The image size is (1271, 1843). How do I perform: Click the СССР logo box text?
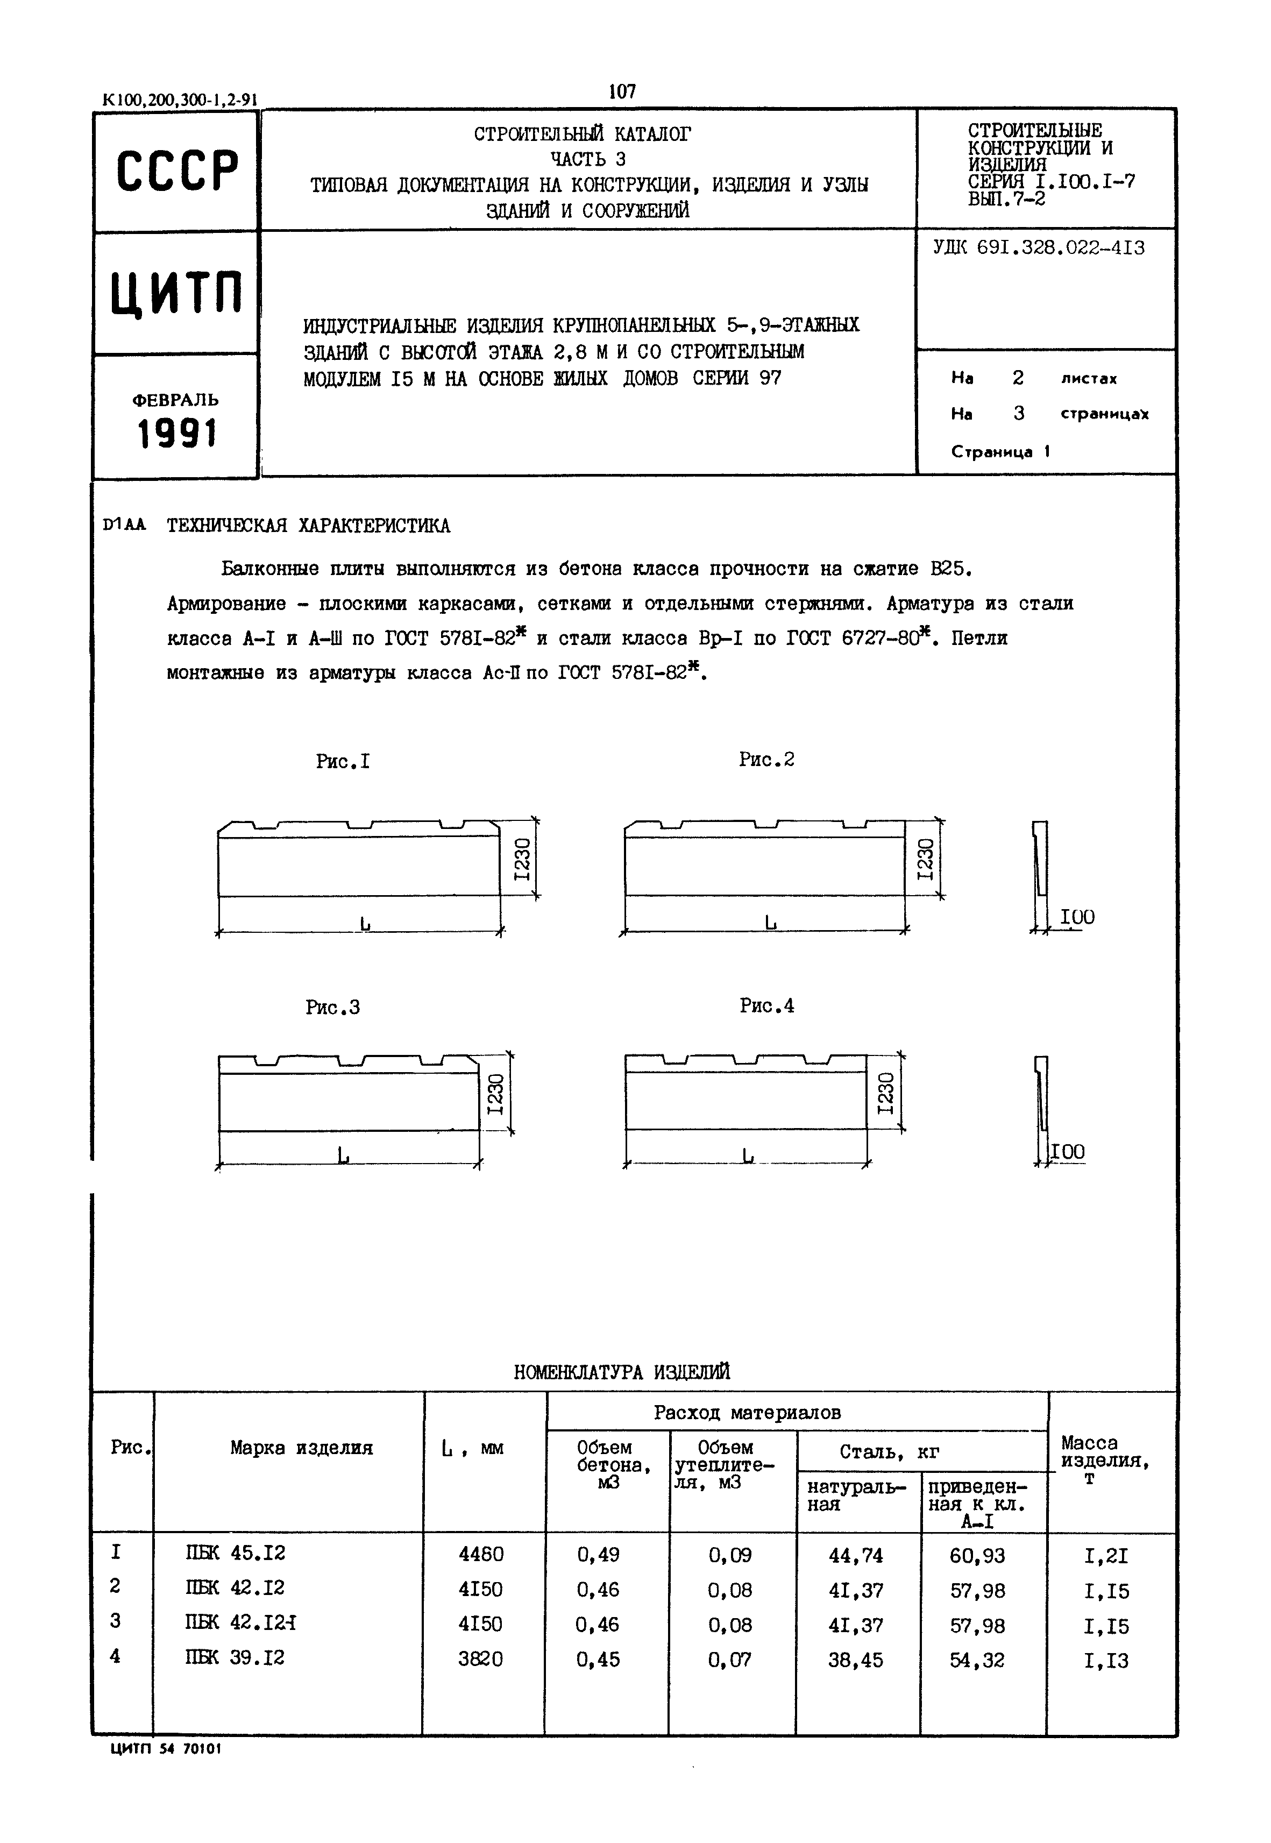point(177,171)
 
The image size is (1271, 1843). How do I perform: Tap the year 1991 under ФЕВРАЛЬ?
point(177,434)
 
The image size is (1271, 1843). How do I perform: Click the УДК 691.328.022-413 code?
point(1039,247)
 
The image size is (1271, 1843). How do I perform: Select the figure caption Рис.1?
point(343,761)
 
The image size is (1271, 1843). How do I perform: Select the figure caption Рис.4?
point(766,1006)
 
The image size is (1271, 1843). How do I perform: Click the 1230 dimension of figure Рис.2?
point(924,859)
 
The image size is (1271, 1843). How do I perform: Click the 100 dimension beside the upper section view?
point(1077,917)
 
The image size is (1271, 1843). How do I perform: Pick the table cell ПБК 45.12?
point(235,1553)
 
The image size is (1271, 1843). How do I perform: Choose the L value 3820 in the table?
point(480,1659)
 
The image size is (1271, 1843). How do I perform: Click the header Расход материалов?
point(747,1412)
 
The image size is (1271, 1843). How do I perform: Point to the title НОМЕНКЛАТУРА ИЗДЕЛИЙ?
point(622,1372)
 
